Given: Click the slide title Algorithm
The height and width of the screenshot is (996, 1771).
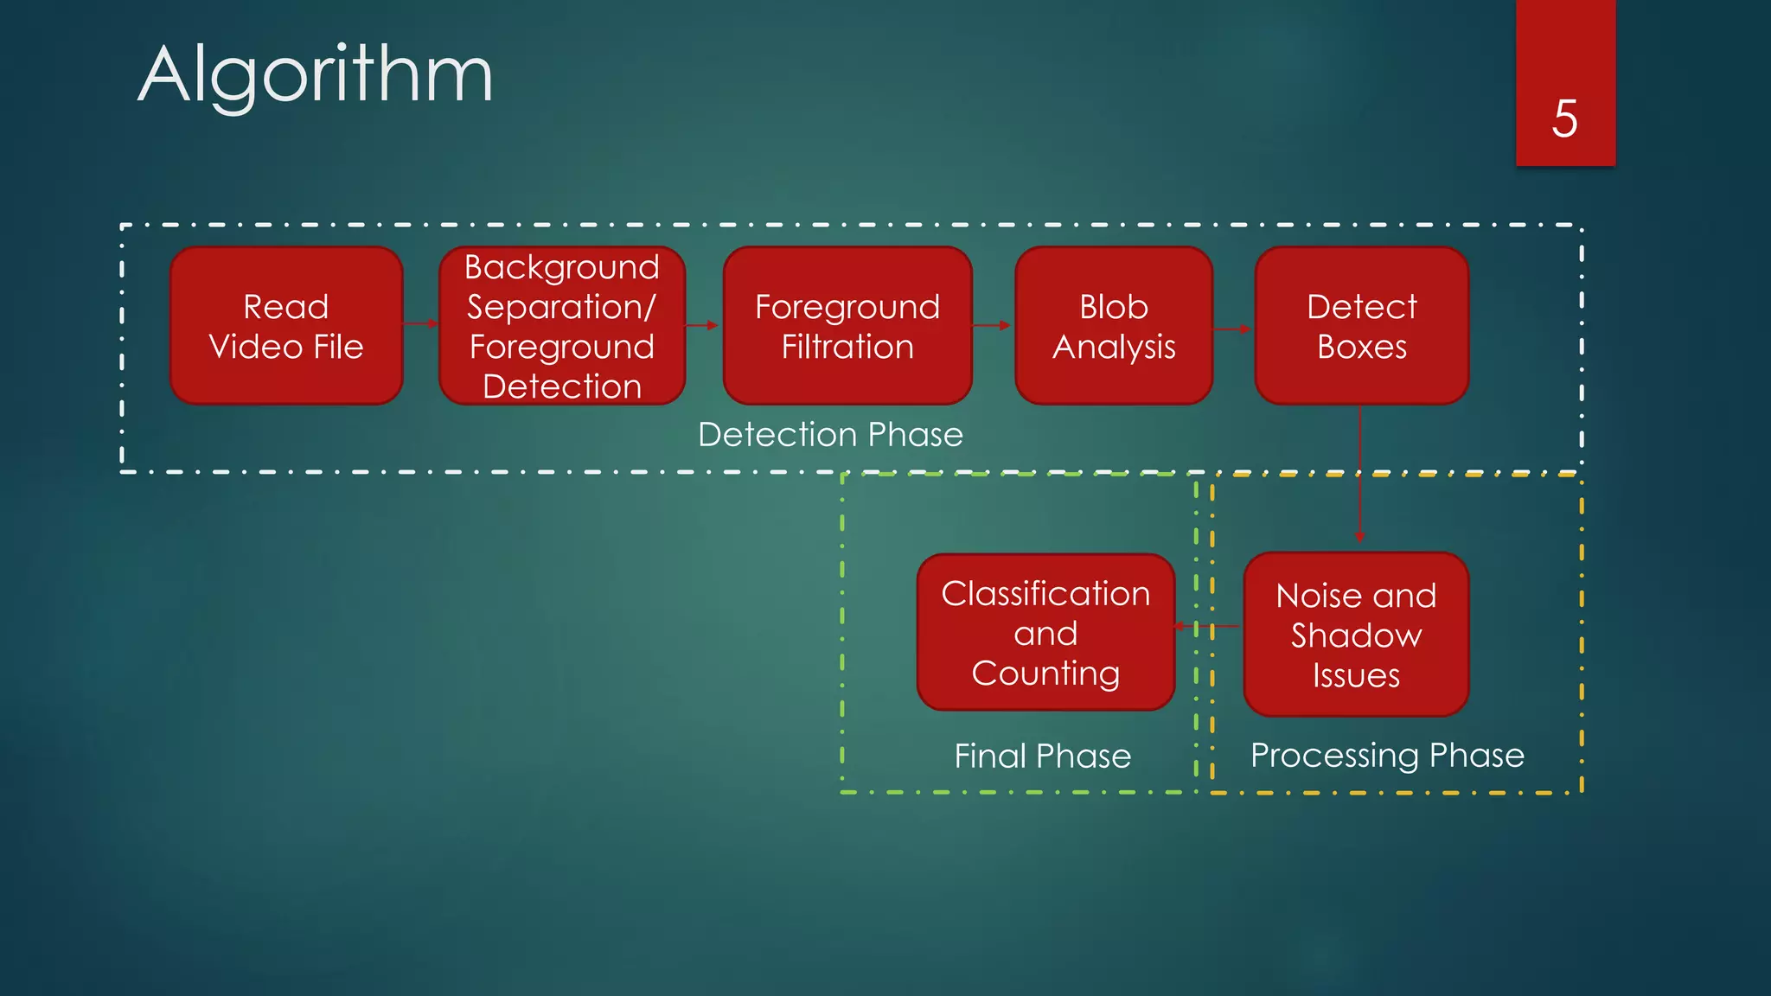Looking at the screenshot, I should point(316,75).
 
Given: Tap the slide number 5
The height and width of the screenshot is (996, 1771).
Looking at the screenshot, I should point(1564,118).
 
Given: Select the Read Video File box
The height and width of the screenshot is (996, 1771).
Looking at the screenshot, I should point(286,326).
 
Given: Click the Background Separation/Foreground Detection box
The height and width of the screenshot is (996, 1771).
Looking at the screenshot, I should point(562,326).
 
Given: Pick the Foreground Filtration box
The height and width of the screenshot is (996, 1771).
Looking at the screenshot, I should point(847,326).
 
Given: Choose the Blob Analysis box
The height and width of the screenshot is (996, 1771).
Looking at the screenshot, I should point(1114,326).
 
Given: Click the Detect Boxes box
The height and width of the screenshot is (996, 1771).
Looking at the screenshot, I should point(1362,326).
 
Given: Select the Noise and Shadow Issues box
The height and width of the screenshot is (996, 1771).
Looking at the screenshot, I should point(1356,635).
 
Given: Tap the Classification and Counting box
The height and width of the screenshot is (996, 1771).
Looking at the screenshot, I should point(1045,633).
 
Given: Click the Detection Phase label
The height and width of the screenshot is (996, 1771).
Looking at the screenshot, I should point(830,434).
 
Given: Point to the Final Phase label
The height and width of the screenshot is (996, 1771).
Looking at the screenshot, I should point(1043,756).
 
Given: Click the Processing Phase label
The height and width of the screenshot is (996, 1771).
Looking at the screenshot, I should point(1387,755).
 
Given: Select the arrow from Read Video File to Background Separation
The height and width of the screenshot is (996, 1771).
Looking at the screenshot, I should point(421,324).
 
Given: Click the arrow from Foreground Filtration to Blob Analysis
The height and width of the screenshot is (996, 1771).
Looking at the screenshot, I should point(993,326).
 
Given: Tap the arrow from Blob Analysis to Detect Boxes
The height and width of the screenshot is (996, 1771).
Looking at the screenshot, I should point(1233,329).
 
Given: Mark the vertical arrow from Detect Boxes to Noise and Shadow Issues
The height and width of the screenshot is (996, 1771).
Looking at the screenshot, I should point(1360,476).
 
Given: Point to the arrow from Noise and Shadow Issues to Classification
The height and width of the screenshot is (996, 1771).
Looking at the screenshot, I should point(1207,626).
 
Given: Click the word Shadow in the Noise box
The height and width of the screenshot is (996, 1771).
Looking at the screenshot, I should point(1356,635).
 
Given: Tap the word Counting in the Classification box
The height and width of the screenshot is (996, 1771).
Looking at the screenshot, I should point(1045,673).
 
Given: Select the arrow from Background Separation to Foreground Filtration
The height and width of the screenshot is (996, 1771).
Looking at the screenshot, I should point(702,326).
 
